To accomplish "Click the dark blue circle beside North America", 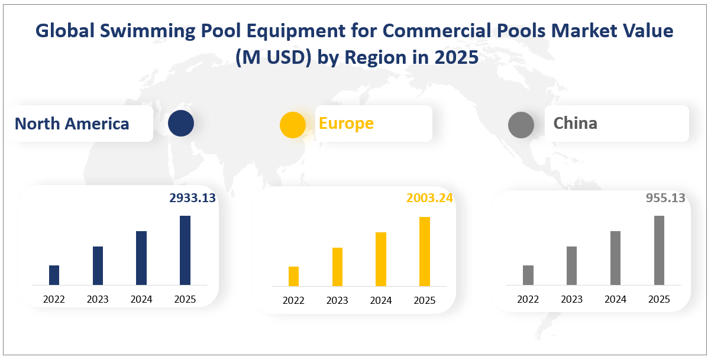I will [x=181, y=124].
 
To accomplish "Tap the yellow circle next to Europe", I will [x=292, y=125].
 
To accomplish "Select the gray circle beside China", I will [x=521, y=125].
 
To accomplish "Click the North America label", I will [x=72, y=124].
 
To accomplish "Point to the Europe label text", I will [x=346, y=123].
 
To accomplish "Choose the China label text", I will [x=575, y=123].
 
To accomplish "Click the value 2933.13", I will [x=192, y=198].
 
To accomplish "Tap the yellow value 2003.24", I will [x=429, y=198].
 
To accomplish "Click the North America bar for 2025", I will [x=185, y=250].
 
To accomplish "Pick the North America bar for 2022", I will [x=54, y=275].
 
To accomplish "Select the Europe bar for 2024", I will [x=381, y=259].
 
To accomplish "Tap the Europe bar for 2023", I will [x=337, y=267].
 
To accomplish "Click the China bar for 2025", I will [x=659, y=250].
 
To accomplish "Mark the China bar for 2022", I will [x=528, y=275].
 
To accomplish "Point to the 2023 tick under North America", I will [x=98, y=299].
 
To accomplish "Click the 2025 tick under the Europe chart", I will [x=424, y=300].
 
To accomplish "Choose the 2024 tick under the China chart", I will [x=615, y=299].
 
